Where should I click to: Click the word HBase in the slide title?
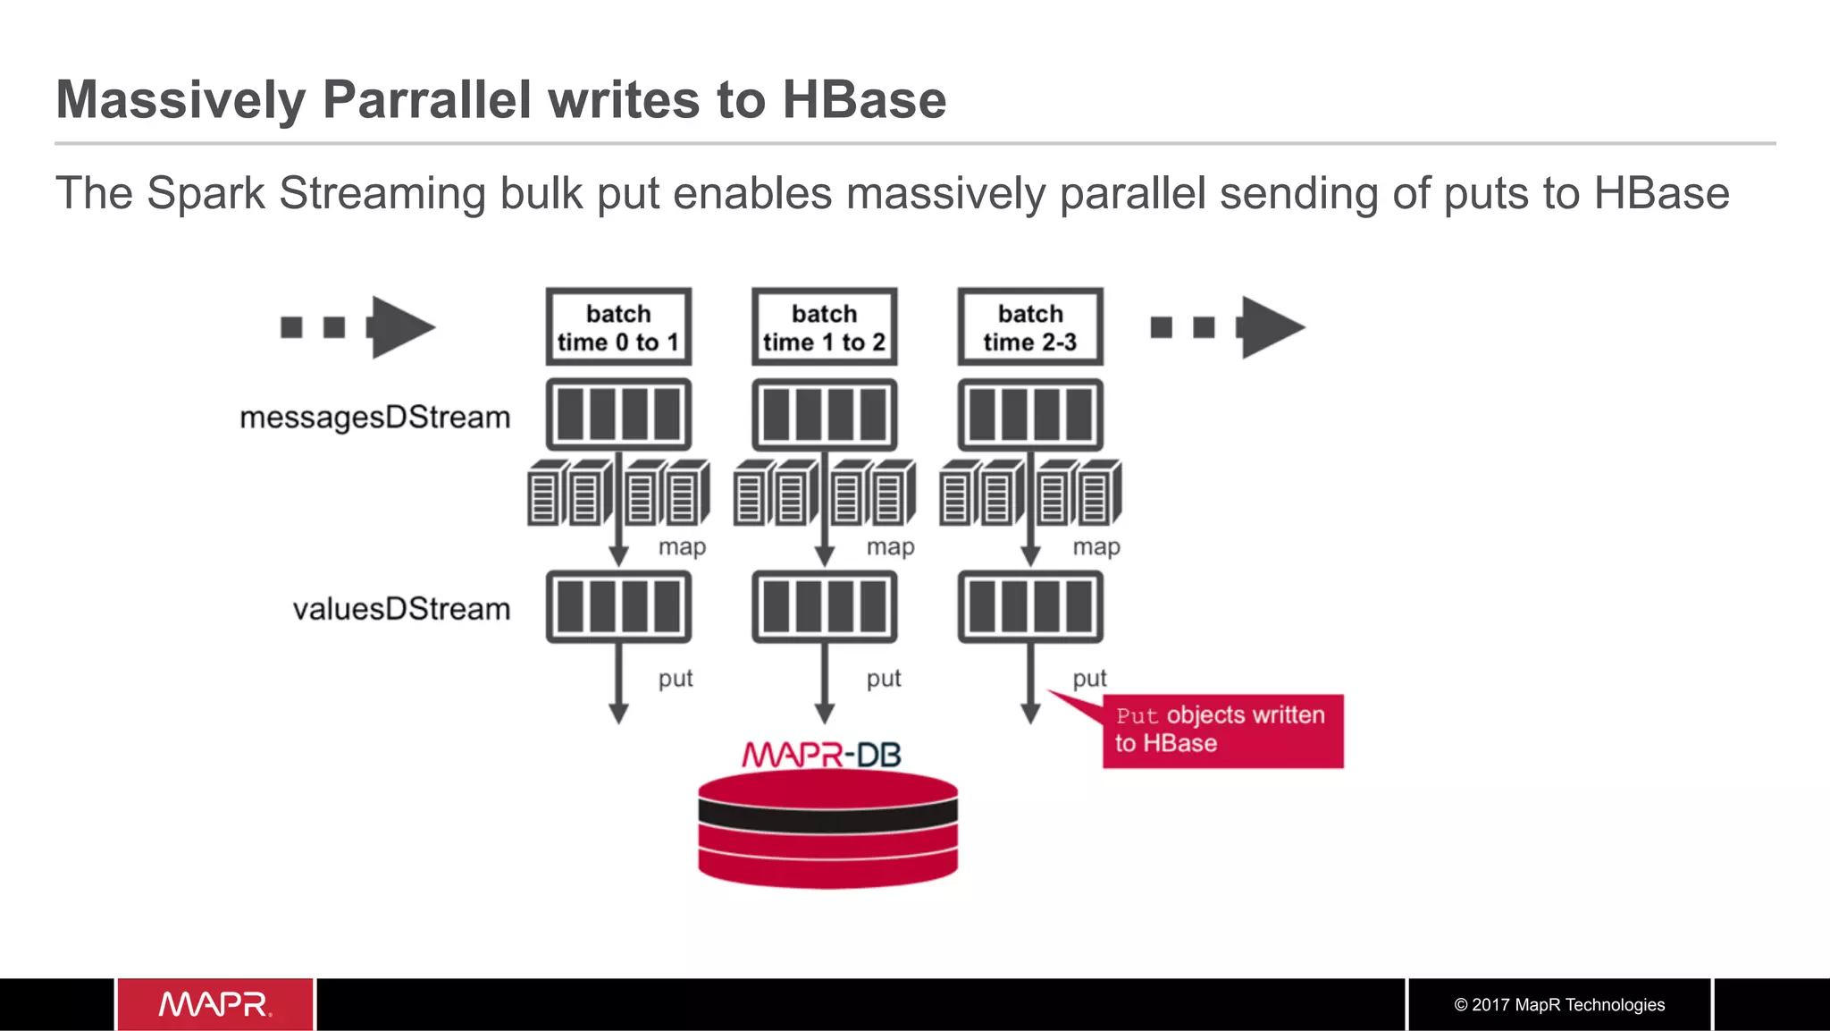point(863,99)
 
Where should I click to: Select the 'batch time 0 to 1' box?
point(618,327)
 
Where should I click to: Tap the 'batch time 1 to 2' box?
point(824,327)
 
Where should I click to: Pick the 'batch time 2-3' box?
point(1030,327)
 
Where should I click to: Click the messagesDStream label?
point(374,418)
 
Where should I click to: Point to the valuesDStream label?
point(401,609)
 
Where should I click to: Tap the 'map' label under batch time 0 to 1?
point(682,546)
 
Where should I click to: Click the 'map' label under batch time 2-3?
point(1096,546)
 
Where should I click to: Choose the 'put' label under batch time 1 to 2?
point(884,679)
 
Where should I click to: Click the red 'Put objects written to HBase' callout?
point(1221,730)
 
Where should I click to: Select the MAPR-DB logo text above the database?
point(821,755)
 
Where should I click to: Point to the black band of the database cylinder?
point(827,814)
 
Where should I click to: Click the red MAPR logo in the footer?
point(215,1004)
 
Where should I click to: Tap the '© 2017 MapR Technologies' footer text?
point(1559,1005)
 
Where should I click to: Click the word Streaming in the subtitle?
point(382,194)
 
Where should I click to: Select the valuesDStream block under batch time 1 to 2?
point(824,606)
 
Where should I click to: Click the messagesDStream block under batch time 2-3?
point(1030,415)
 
